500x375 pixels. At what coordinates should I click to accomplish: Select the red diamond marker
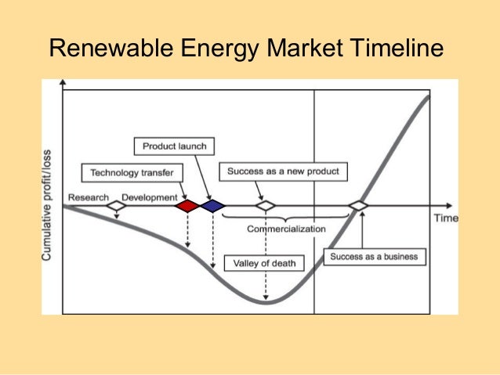tap(187, 206)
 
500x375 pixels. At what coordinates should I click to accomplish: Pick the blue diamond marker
tap(212, 206)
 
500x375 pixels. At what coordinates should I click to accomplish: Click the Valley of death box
tap(265, 263)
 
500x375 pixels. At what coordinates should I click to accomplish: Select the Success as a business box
tap(374, 256)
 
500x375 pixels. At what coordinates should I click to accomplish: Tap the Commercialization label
tap(286, 229)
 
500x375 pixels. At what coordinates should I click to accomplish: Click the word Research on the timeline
tap(87, 197)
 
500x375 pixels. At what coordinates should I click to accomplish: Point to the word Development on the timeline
tap(149, 197)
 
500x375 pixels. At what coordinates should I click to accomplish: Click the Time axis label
tap(445, 218)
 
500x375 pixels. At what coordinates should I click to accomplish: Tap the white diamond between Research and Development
tap(116, 206)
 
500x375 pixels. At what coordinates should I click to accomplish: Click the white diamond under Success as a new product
tap(266, 206)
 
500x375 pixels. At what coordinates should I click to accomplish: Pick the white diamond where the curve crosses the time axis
tap(359, 206)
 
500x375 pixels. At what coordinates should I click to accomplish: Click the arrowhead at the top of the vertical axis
tap(63, 82)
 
